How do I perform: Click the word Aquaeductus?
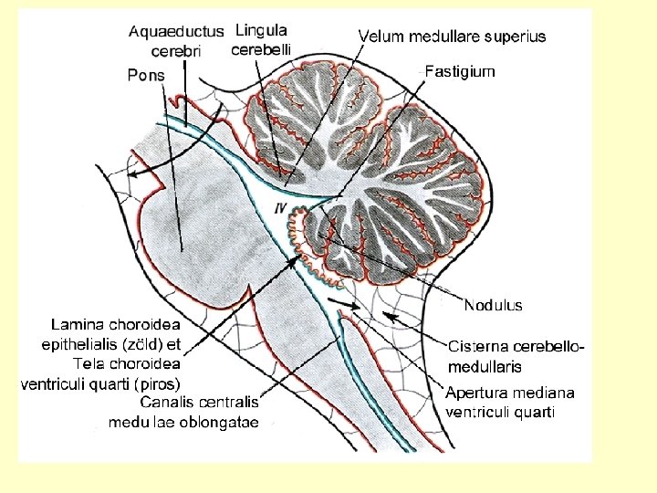coord(176,31)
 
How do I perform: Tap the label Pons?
coord(146,75)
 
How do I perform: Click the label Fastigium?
coord(461,71)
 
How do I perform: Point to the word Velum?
coord(380,37)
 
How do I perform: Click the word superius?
coord(516,37)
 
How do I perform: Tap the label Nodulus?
coord(493,305)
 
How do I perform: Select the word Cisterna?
coord(476,347)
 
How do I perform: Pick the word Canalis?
coord(171,403)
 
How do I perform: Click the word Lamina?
coord(77,324)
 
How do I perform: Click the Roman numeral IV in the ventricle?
coord(282,209)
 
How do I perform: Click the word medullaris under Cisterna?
coord(485,367)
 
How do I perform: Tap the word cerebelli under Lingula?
coord(260,49)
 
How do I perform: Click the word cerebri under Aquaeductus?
coord(176,51)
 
